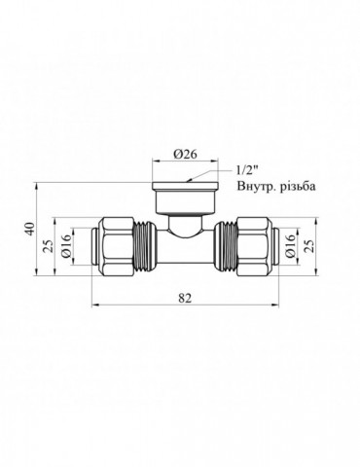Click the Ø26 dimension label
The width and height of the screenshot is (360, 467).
[185, 154]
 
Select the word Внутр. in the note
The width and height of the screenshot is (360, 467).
[255, 187]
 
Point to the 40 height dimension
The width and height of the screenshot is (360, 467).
[29, 229]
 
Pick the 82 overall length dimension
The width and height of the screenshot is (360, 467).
[185, 298]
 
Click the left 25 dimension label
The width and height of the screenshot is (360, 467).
[48, 246]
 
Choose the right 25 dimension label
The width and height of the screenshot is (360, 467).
[309, 246]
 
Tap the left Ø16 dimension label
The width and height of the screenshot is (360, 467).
[66, 246]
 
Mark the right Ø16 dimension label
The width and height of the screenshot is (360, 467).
[291, 246]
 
